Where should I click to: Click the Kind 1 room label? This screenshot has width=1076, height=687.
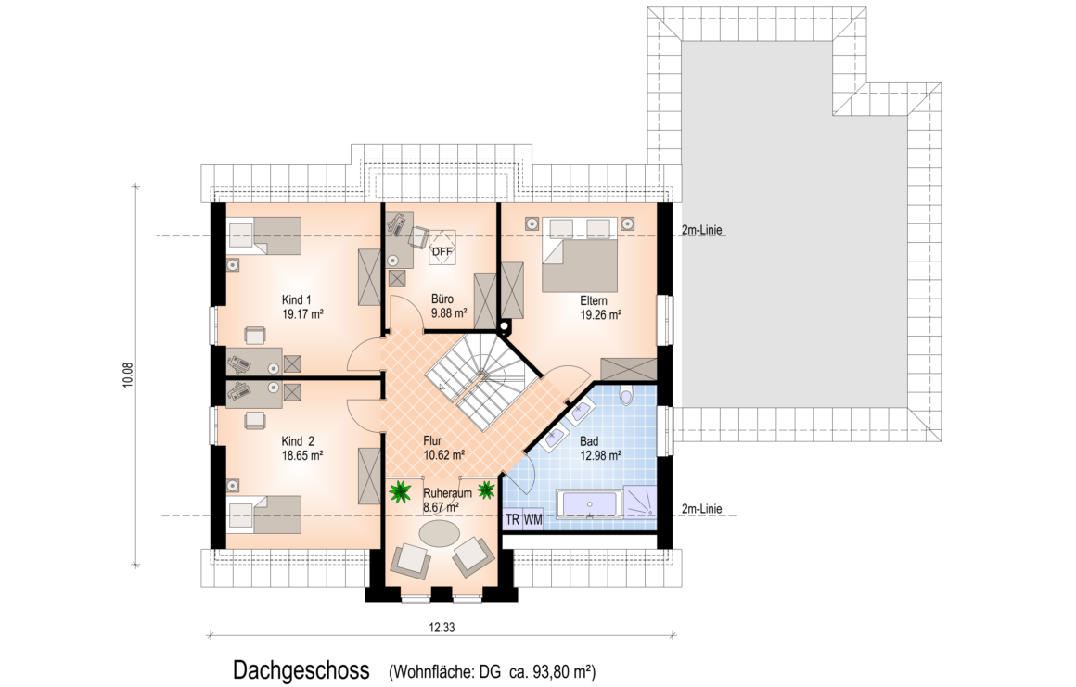click(297, 299)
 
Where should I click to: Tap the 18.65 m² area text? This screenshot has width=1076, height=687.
click(302, 455)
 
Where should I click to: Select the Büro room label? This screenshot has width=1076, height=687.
click(442, 299)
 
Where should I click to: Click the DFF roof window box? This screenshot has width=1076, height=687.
click(442, 251)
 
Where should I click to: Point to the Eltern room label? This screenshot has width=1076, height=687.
click(594, 300)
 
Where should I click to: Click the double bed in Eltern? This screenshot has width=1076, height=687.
click(581, 256)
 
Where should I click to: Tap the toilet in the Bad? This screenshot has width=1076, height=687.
click(625, 396)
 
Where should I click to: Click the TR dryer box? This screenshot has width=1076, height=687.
click(513, 520)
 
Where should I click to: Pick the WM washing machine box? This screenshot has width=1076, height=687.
click(533, 520)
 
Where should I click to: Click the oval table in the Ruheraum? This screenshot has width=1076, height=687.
click(441, 533)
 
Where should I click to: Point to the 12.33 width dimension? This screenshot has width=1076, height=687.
click(442, 627)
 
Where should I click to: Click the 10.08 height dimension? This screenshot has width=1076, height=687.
click(127, 375)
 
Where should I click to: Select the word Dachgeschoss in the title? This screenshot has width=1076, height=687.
click(301, 670)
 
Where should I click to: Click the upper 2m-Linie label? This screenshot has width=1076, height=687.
click(702, 230)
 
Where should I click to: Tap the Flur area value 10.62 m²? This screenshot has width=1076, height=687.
click(444, 454)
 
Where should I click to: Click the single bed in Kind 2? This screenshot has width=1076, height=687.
click(265, 514)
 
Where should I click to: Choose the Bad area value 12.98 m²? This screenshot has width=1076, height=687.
click(600, 454)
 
